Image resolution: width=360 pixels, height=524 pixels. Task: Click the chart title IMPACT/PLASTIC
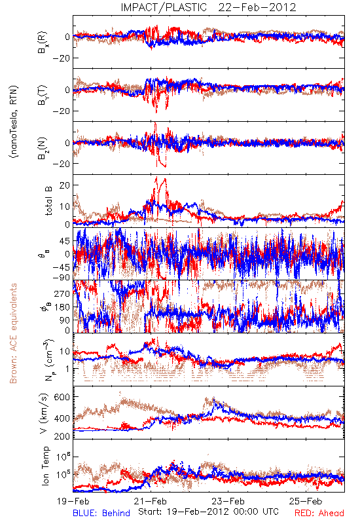164,7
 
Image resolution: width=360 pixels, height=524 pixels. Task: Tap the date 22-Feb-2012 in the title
257,7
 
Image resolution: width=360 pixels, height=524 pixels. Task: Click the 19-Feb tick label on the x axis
73,501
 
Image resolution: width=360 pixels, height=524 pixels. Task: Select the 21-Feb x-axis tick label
151,501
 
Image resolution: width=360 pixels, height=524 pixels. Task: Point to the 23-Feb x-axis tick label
228,501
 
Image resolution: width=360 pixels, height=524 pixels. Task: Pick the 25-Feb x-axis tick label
306,501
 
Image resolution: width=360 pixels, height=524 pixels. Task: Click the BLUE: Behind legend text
101,513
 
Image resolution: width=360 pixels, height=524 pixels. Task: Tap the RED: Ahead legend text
319,513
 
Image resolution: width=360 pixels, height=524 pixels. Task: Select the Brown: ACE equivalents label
13,333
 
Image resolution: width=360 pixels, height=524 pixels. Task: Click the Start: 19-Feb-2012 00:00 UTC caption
208,512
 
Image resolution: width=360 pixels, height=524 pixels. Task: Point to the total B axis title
48,201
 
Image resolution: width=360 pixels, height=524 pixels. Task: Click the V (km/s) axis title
44,413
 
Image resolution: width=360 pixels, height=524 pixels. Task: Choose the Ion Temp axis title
45,466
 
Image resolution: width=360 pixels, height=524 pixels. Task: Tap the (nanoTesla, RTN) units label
14,122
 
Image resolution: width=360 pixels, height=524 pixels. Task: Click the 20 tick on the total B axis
64,185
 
